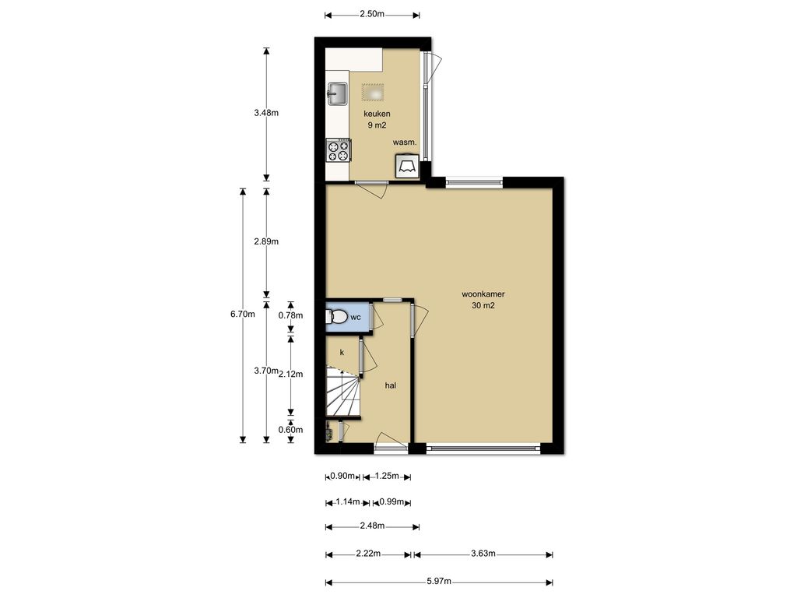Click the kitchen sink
[x=337, y=94]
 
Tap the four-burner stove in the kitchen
[x=339, y=150]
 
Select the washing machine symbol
[x=407, y=166]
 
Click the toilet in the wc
[x=336, y=317]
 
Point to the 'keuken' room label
[x=377, y=114]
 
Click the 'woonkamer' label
[x=483, y=294]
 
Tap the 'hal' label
[x=391, y=385]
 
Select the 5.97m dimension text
[x=439, y=582]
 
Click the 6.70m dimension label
[x=243, y=314]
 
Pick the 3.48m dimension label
[x=266, y=113]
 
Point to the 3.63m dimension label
[x=483, y=554]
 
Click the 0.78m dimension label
[x=290, y=315]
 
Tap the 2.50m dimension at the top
[x=372, y=14]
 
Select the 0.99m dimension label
[x=391, y=502]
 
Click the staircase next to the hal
[x=342, y=392]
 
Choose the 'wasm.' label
[x=405, y=142]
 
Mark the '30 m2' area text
[x=483, y=305]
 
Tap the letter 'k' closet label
[x=342, y=352]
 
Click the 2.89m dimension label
[x=266, y=241]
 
